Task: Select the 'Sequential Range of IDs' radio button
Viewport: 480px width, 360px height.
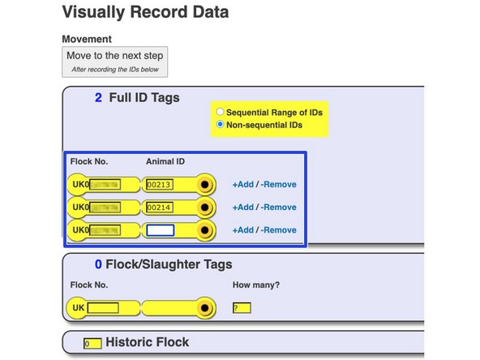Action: click(221, 112)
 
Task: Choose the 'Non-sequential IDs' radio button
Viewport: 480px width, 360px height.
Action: click(221, 125)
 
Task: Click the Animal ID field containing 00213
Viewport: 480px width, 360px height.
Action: click(160, 185)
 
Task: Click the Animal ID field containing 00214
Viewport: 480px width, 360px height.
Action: click(160, 208)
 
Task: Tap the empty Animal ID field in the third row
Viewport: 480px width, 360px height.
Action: click(160, 230)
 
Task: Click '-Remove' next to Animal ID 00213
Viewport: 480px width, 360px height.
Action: click(280, 185)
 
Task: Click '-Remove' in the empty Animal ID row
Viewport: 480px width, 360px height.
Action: click(280, 230)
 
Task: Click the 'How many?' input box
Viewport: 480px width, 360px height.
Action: click(242, 308)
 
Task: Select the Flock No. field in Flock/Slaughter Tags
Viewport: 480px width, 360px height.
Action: click(103, 308)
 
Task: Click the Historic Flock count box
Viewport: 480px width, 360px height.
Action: click(92, 344)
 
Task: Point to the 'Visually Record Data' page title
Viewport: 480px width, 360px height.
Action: click(145, 13)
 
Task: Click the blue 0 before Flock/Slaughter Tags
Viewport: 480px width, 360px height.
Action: click(98, 264)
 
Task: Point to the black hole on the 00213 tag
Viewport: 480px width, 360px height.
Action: click(206, 185)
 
